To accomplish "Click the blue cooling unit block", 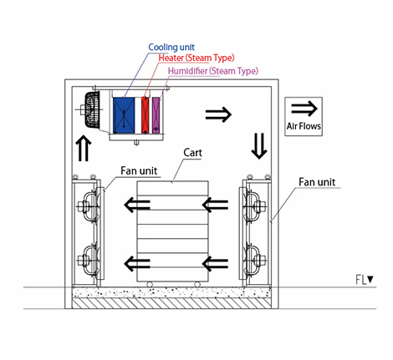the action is click(124, 115).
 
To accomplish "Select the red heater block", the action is click(145, 115).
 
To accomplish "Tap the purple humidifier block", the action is click(156, 115).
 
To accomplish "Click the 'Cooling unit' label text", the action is click(171, 48).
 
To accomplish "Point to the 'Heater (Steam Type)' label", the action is click(196, 58).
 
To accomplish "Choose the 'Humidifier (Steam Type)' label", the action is click(213, 71).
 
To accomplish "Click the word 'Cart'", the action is click(192, 153).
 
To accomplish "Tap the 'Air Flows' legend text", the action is click(304, 126).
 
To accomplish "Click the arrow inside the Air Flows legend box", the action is click(304, 109).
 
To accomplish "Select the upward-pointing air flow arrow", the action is click(84, 148).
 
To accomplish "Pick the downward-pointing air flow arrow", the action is click(259, 146).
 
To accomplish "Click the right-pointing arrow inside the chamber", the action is click(218, 114).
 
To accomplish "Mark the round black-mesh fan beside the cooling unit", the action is click(93, 110).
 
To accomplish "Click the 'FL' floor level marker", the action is click(365, 280).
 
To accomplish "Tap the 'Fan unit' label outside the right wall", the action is click(317, 182).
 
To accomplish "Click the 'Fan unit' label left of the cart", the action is click(139, 170).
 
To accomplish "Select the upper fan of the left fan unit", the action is click(88, 207).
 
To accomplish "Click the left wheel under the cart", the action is click(150, 284).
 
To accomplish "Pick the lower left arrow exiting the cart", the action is click(137, 264).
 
